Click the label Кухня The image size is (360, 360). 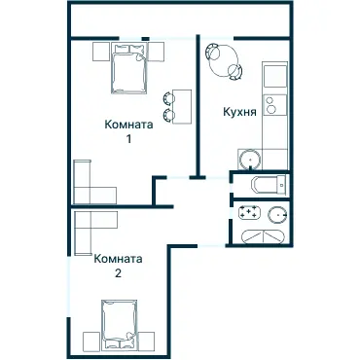239,112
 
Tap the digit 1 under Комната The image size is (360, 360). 128,139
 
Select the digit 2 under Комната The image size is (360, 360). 118,273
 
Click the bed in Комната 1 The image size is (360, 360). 129,68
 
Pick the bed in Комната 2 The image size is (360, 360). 120,325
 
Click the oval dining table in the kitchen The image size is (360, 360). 224,60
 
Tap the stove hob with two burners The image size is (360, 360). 275,105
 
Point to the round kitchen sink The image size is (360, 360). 250,159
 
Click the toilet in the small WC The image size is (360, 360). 269,186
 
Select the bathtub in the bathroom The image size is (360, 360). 264,237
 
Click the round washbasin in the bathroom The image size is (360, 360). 277,215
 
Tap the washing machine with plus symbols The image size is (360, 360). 250,211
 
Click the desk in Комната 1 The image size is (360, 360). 182,106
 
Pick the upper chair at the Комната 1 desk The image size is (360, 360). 168,98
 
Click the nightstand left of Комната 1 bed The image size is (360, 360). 100,52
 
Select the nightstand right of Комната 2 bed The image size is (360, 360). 147,341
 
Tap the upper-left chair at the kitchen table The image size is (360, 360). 212,52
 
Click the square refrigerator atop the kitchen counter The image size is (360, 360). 275,76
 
